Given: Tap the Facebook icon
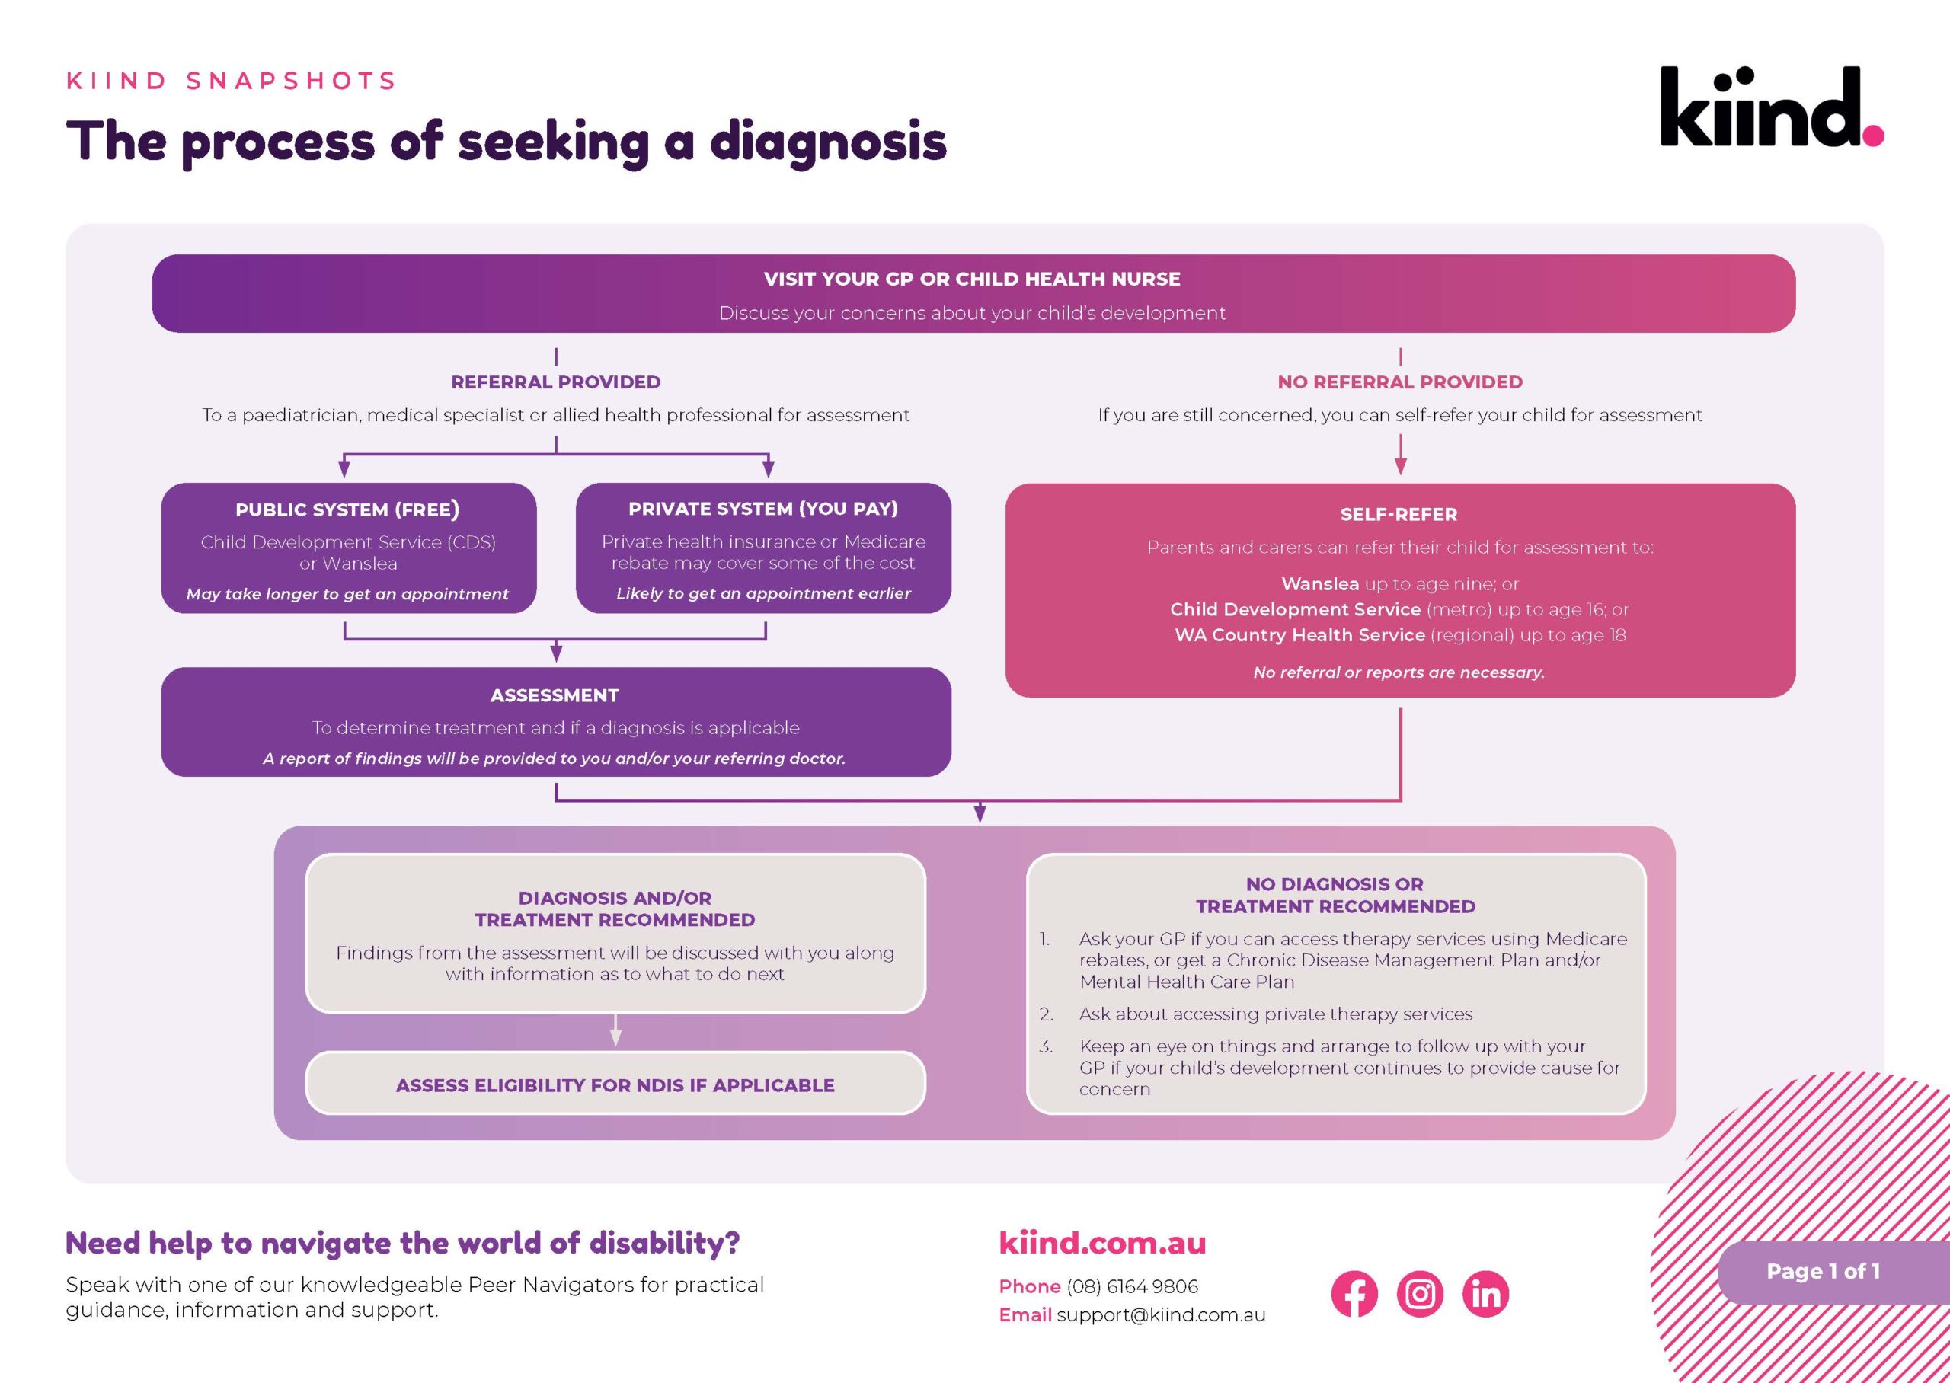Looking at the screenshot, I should point(1354,1294).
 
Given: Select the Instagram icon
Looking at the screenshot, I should point(1420,1294).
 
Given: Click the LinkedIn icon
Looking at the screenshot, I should point(1485,1294).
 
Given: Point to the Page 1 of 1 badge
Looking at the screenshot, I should point(1823,1272).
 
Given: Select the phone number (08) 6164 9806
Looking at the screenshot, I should point(1132,1286).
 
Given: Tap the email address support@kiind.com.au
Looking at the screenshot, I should point(1161,1315).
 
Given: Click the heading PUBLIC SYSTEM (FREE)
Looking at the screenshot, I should point(347,509).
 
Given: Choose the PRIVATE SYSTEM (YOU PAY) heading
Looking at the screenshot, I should point(763,509).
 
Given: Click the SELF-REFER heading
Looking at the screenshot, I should point(1399,514).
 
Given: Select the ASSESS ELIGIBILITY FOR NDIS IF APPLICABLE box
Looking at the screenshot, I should point(615,1084).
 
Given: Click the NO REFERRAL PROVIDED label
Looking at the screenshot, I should point(1400,382).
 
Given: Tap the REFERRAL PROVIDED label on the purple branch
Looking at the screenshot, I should point(555,382).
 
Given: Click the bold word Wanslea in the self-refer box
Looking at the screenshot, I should point(1320,583).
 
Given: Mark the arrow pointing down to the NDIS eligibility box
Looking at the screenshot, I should point(615,1032).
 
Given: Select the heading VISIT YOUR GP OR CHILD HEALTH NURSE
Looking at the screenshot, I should point(972,279).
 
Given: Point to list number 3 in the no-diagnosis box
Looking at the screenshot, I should point(1046,1046).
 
